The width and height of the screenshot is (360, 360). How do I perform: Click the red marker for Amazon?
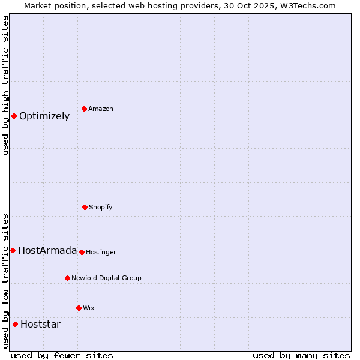click(85, 109)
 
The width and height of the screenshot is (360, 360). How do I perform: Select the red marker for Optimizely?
click(14, 116)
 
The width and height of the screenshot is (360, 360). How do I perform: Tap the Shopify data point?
click(85, 207)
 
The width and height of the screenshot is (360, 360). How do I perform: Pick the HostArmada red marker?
click(13, 250)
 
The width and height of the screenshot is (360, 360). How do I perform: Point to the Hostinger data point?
click(82, 252)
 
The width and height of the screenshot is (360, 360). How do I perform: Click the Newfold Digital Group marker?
click(67, 278)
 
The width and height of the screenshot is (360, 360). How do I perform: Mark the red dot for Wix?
click(79, 308)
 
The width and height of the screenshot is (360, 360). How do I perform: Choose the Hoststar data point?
click(15, 324)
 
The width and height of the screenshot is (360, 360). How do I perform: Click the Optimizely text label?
click(44, 116)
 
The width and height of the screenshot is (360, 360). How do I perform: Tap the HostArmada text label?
click(47, 251)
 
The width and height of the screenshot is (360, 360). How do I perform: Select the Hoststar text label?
click(40, 325)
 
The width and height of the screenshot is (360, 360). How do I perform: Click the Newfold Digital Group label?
click(106, 278)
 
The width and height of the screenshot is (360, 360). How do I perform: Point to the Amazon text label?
click(101, 109)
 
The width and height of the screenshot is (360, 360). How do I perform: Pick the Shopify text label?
click(101, 207)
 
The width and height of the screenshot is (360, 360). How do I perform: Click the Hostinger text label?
click(101, 252)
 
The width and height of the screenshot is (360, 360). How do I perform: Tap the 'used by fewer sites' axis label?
click(62, 355)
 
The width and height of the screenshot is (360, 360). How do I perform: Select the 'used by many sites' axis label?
click(301, 355)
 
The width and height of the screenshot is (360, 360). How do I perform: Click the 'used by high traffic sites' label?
click(5, 85)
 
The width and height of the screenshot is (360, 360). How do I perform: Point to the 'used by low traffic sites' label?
click(5, 280)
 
